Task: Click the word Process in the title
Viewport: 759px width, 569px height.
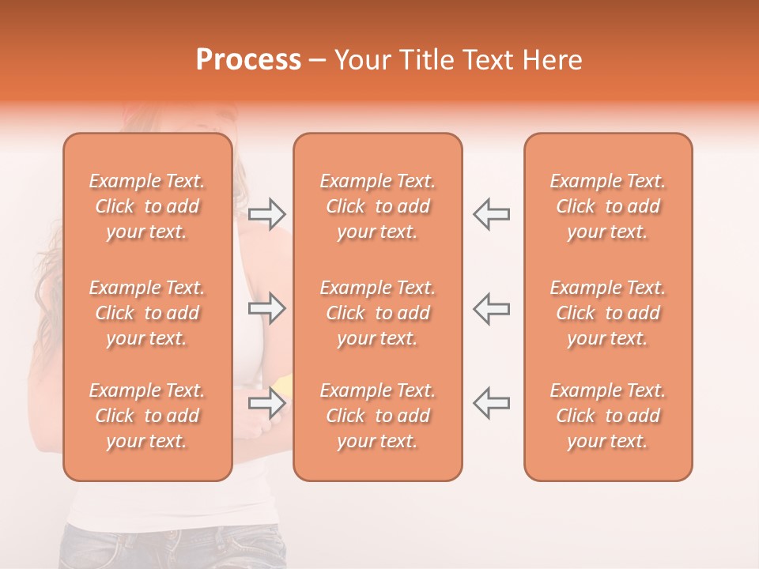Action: point(248,60)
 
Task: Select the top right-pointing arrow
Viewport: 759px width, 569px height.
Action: point(266,214)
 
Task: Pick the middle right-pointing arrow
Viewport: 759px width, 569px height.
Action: point(266,308)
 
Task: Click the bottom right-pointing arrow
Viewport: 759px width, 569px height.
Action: point(266,403)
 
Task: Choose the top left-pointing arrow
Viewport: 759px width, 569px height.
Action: point(491,214)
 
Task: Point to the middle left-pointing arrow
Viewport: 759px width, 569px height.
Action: point(491,308)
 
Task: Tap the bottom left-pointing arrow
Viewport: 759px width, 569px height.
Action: point(491,403)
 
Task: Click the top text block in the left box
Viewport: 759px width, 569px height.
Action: point(147,206)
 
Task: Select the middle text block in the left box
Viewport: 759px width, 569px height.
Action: point(147,313)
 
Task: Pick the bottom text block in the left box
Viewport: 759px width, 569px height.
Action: point(147,416)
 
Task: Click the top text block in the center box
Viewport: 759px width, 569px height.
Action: point(377,206)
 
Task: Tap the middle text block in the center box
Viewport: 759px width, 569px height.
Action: point(377,313)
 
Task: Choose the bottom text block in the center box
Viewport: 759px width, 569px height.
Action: point(377,416)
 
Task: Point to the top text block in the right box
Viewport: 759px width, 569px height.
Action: point(608,206)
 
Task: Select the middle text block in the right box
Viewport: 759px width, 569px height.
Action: point(608,313)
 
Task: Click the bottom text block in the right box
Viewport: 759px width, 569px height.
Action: point(608,416)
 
